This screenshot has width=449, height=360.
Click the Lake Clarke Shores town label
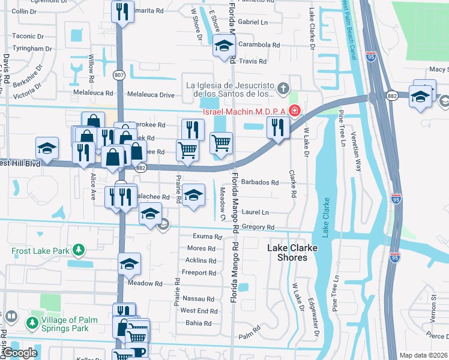point(287,252)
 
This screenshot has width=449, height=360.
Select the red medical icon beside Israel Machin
point(295,110)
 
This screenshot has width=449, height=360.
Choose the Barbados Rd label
point(259,182)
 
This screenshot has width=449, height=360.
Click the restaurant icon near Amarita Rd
point(122,11)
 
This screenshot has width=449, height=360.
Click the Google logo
point(20,353)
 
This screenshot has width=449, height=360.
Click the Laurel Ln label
point(255,212)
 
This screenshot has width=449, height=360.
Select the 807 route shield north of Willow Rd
point(119,75)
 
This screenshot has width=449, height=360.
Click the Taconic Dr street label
point(24,36)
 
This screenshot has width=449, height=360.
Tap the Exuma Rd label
point(207,237)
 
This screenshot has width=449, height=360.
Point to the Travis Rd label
point(252,61)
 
